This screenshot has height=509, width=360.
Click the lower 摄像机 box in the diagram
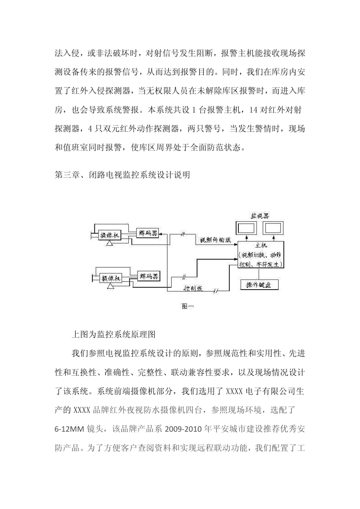point(110,278)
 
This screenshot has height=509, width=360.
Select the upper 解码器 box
point(148,233)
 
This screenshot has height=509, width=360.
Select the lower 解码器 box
point(148,276)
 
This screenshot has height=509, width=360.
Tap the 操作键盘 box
point(259,285)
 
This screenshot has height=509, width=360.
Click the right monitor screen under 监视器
point(273,229)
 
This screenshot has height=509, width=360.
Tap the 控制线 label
point(193,288)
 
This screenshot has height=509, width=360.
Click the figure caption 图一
point(187,306)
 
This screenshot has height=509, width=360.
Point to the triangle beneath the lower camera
point(110,287)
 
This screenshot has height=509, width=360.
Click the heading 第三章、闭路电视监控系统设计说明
point(122,175)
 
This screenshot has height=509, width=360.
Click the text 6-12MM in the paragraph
point(70,429)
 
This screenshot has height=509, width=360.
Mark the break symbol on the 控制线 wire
point(216,291)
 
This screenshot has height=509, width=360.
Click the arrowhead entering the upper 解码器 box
point(161,235)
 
